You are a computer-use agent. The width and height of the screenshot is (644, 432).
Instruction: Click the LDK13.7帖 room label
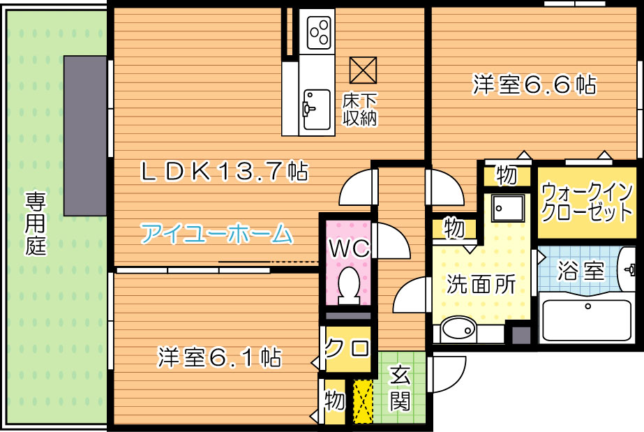click(x=224, y=171)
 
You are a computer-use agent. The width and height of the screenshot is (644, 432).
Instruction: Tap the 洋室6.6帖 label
click(x=534, y=84)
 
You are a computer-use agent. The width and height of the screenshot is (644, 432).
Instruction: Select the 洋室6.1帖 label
click(x=220, y=357)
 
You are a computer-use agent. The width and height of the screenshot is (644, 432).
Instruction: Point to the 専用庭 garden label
click(x=36, y=223)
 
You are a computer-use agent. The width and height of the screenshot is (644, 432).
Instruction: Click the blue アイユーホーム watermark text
click(x=216, y=234)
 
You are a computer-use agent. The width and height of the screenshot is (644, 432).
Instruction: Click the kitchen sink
click(x=317, y=110)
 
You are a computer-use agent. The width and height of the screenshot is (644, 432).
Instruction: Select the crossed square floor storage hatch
click(x=363, y=70)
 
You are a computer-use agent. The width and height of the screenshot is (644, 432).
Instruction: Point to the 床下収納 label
click(x=360, y=110)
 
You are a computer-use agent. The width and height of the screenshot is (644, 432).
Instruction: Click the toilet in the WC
click(x=349, y=285)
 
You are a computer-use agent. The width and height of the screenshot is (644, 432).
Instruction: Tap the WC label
click(x=349, y=248)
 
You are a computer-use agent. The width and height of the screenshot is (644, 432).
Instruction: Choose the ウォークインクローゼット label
click(x=587, y=202)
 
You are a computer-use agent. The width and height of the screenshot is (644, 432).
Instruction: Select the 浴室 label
click(x=581, y=271)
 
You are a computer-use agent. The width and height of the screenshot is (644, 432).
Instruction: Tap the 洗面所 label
click(x=481, y=284)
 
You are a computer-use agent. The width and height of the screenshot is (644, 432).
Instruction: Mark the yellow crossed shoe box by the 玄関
click(x=363, y=401)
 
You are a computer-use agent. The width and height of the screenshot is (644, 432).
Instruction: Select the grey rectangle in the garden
click(x=85, y=135)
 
